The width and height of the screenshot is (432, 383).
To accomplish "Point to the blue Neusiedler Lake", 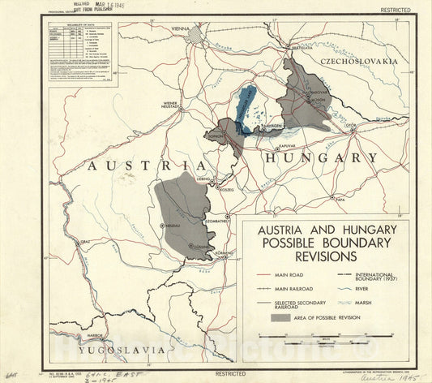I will [x=244, y=106].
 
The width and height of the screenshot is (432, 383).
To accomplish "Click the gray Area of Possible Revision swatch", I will [x=263, y=319].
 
